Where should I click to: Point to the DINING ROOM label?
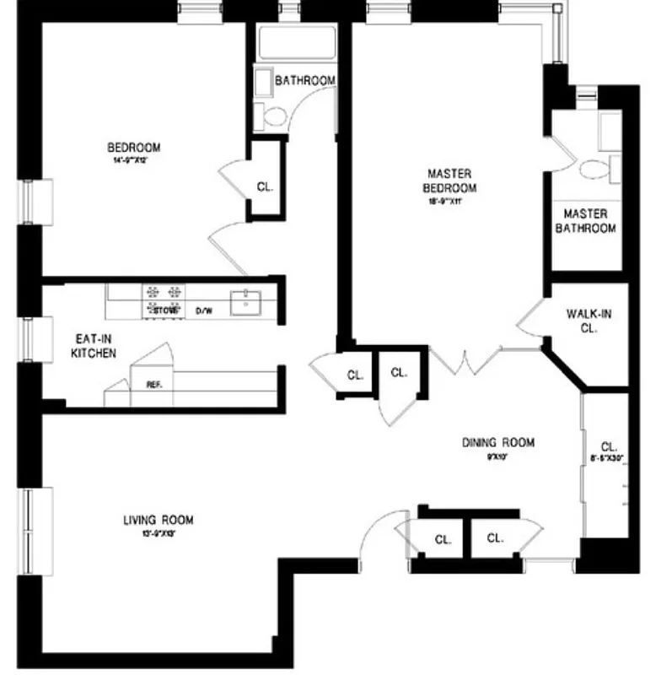(498, 442)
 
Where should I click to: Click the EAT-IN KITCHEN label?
(93, 346)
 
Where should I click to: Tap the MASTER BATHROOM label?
(589, 221)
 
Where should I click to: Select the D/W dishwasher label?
(204, 310)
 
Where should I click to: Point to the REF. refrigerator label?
(153, 385)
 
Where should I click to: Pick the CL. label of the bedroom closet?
(265, 187)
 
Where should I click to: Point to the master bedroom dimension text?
(447, 202)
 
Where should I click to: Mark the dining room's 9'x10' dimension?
(497, 456)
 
